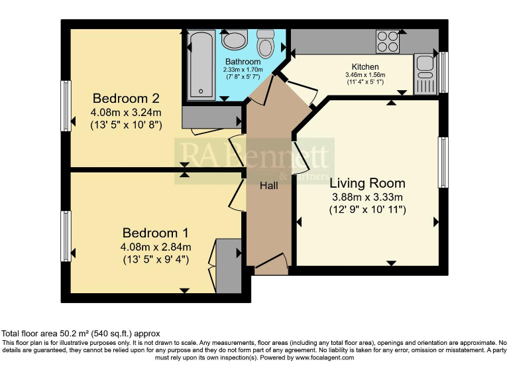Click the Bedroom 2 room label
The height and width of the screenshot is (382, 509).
point(126,99)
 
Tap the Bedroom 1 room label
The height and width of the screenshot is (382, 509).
point(155,233)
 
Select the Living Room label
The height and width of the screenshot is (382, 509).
point(367,183)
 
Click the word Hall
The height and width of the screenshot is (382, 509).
point(268,186)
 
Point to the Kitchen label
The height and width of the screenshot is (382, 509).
point(365,67)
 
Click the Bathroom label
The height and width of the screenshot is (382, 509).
point(242,62)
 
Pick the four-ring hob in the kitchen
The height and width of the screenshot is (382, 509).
point(388,42)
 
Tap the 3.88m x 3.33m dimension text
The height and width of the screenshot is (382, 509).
point(367,197)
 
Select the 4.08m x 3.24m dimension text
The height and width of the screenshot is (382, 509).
point(126,112)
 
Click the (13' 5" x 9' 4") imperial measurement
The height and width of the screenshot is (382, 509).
point(155,259)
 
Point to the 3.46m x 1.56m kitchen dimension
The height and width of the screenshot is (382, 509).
point(365,75)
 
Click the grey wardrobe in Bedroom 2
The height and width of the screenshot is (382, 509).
point(211,117)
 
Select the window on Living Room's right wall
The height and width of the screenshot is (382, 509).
point(443,162)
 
